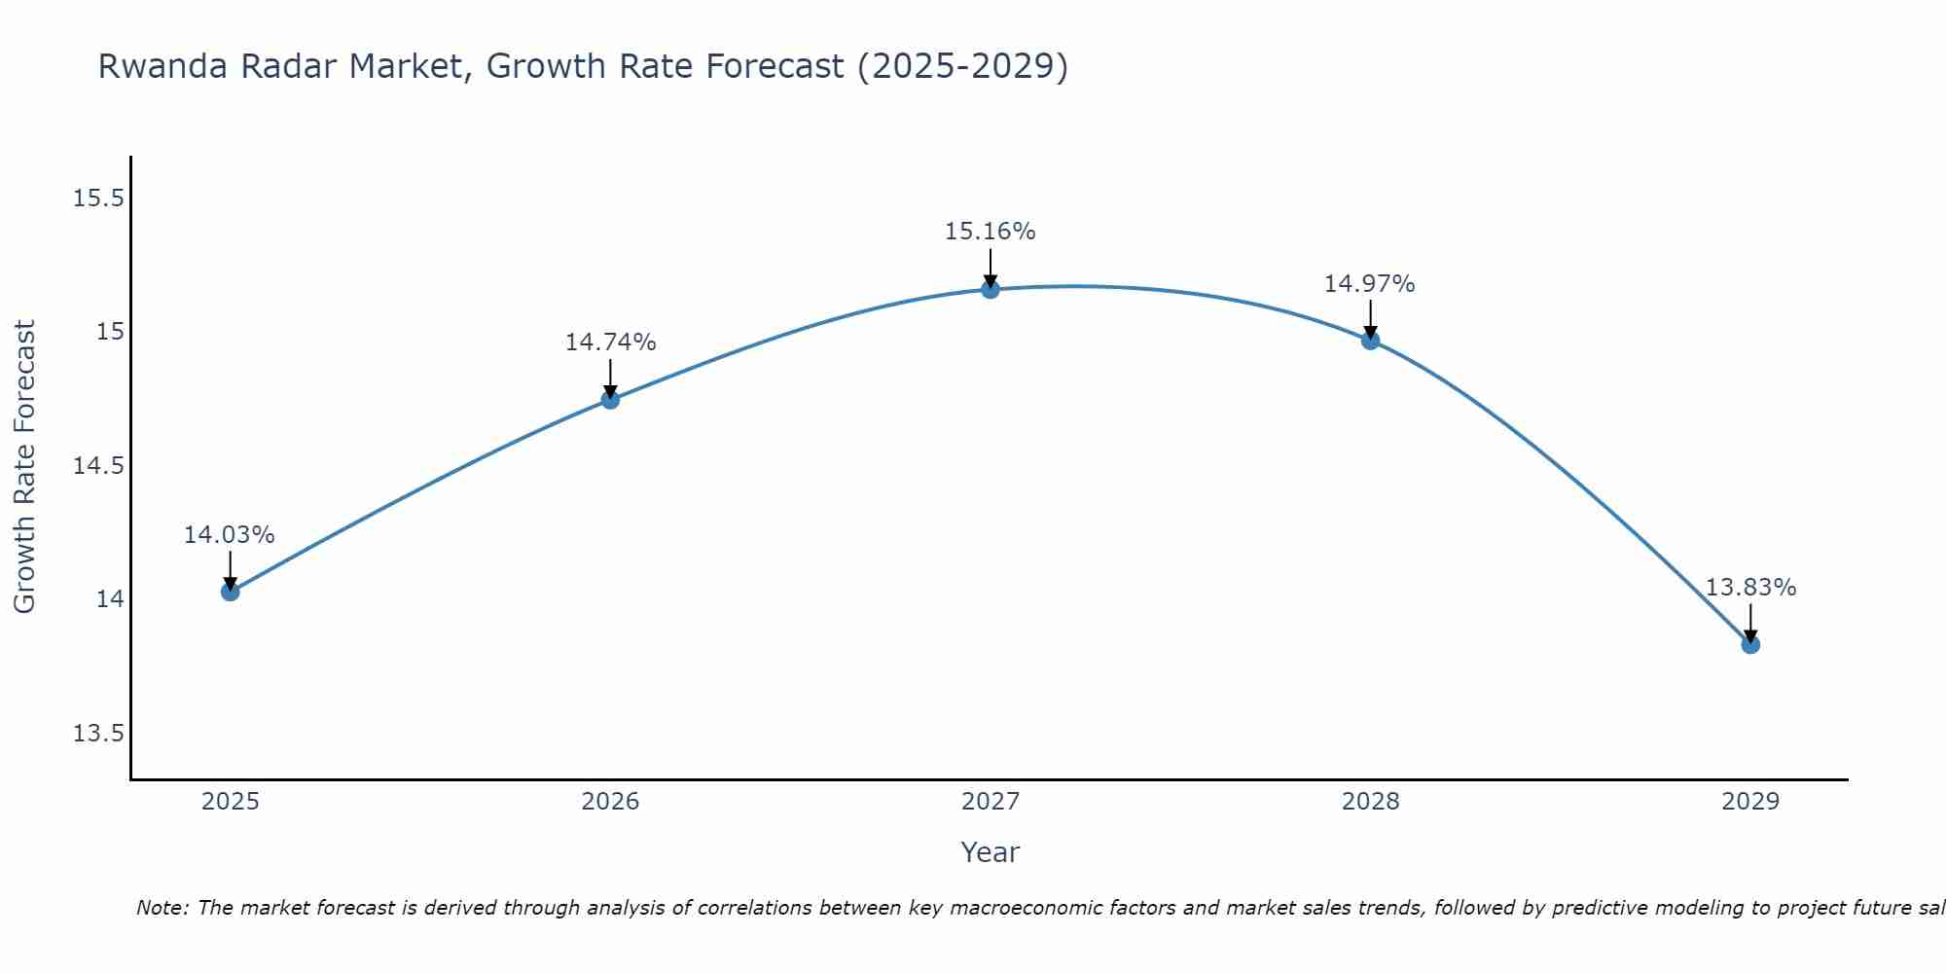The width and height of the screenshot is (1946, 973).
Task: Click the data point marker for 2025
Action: (230, 592)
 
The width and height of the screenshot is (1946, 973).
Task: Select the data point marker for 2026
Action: (610, 400)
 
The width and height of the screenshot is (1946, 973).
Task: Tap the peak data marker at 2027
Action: (991, 289)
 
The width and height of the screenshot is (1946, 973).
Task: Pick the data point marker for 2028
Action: (1370, 341)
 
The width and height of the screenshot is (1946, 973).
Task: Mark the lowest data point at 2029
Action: (1750, 644)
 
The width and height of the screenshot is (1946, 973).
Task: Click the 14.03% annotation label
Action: (230, 535)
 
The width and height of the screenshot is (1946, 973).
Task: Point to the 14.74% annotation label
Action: (610, 342)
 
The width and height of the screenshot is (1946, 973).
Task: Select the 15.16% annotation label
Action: (991, 232)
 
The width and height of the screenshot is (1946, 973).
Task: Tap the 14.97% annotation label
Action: (1370, 284)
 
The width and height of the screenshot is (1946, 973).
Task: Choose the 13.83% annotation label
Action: (1750, 588)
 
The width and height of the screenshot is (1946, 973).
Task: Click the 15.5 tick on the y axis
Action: (98, 198)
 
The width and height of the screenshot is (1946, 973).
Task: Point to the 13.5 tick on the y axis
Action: (98, 733)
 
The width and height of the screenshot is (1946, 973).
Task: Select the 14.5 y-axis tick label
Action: (98, 466)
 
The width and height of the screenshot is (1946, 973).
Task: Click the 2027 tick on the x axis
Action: (991, 802)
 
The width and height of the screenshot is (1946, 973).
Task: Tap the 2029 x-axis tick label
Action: (1750, 802)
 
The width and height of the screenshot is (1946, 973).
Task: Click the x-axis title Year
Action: (991, 852)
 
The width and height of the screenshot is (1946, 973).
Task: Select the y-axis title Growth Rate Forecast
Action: (24, 466)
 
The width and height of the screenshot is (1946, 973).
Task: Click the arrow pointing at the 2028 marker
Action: (1370, 317)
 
